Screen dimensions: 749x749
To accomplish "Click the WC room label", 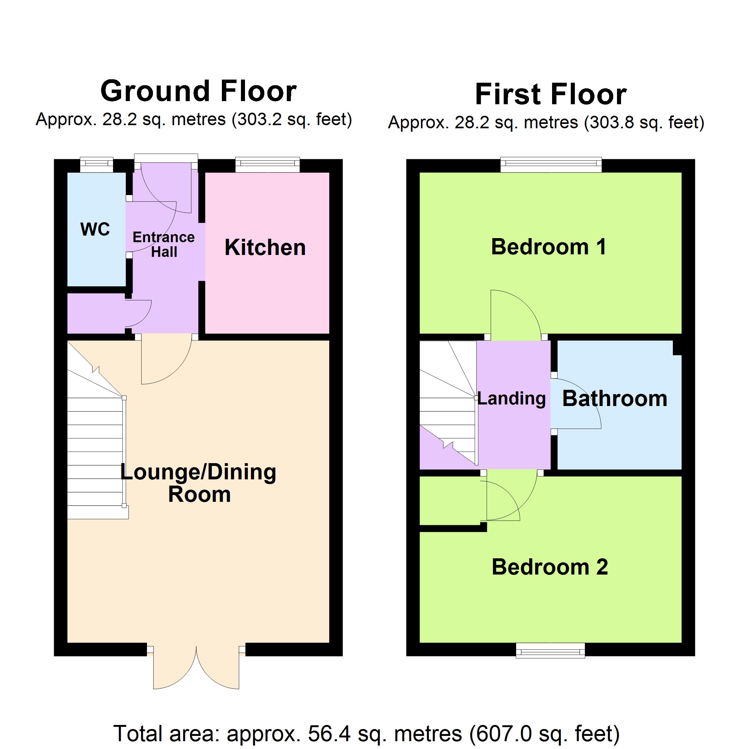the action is tap(95, 229).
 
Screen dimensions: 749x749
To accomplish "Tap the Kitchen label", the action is tap(265, 247).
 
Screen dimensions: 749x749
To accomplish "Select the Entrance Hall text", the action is tap(164, 244).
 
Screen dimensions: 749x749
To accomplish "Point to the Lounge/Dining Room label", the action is tap(198, 483).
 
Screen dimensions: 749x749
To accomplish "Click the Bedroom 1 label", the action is tap(549, 247).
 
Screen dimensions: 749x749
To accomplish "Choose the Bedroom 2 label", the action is tap(550, 567).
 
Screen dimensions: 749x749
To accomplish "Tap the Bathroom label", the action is tap(615, 399).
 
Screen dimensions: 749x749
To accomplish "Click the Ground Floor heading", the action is tap(198, 91).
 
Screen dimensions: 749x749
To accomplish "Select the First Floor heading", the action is tap(551, 94).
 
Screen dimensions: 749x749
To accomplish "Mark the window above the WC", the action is tap(96, 164).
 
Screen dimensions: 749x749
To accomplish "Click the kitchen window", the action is tap(268, 164).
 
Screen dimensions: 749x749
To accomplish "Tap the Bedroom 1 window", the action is tap(551, 164).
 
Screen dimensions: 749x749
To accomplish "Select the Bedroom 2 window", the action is tap(550, 650).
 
